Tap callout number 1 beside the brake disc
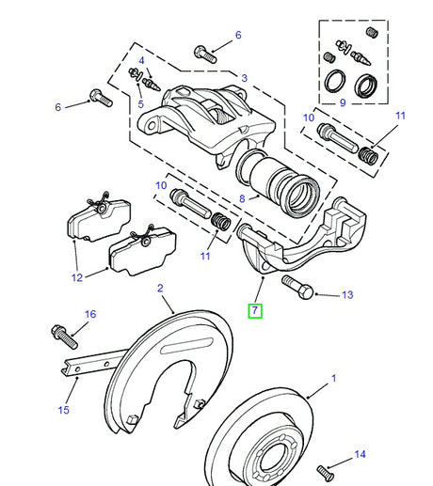(x=332, y=380)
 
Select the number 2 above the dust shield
(x=160, y=289)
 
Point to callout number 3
(x=244, y=78)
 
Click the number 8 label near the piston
(x=242, y=198)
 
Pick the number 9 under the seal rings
(x=343, y=102)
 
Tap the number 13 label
(x=346, y=295)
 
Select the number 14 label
(x=359, y=454)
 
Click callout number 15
(x=64, y=410)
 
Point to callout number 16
(x=90, y=314)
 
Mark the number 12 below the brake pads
(x=75, y=277)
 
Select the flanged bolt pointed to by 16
(x=60, y=333)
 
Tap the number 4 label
(x=141, y=60)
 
